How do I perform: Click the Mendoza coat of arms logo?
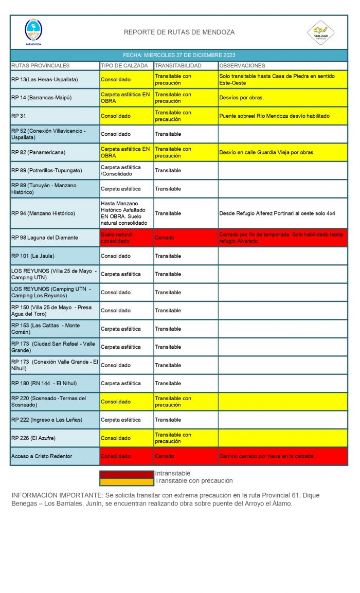coord(33,32)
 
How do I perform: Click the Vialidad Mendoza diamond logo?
coord(321,32)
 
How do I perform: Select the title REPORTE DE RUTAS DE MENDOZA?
coord(179,32)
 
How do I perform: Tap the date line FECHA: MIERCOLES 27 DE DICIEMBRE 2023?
coord(179,55)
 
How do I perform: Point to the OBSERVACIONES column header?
coord(242,66)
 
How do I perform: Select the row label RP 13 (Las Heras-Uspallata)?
coord(44,80)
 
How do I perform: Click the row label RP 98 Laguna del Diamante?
coord(45,238)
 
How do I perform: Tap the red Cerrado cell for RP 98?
coord(165,238)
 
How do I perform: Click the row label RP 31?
coord(19,116)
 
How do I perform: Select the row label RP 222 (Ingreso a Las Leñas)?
coord(47,420)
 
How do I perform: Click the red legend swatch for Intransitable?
coord(127,474)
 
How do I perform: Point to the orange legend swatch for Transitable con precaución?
coord(127,482)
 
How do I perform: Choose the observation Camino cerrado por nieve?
coord(266,456)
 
